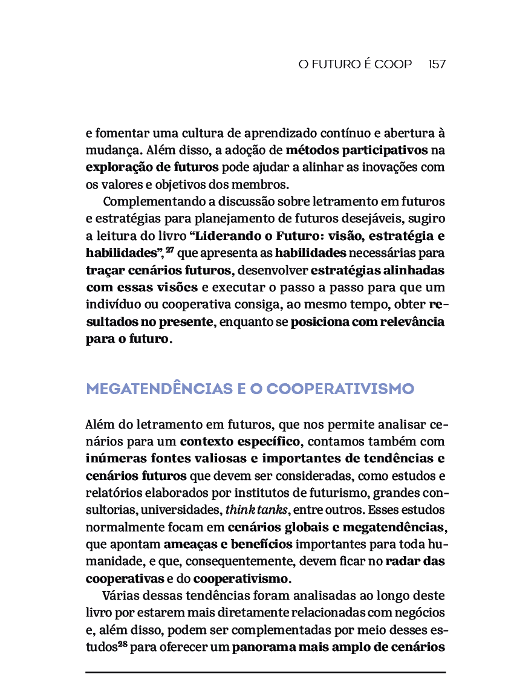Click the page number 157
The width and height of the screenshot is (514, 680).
437,64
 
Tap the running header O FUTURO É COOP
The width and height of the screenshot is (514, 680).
355,64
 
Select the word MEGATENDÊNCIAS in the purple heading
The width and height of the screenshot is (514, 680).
159,388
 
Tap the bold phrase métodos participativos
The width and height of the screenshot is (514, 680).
357,149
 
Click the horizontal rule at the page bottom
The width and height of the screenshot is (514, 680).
265,672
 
